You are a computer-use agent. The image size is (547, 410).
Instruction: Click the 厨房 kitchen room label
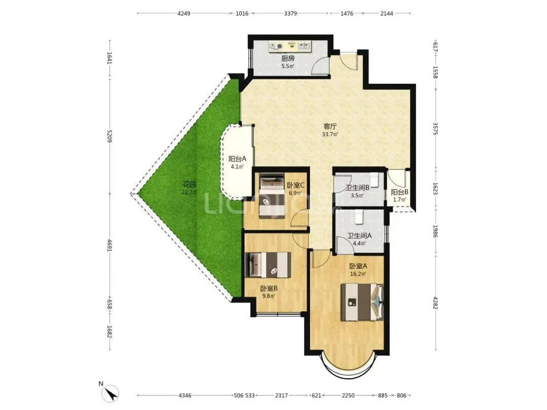(288, 58)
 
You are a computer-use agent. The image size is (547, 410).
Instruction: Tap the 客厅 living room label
(330, 126)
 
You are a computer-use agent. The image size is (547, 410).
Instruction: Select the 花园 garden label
(189, 184)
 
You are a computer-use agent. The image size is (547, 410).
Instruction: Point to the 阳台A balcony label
(237, 158)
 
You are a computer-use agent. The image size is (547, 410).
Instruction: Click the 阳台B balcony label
(400, 192)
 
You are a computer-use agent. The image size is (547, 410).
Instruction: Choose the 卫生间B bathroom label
(357, 188)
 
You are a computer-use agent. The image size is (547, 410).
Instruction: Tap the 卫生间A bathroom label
(359, 236)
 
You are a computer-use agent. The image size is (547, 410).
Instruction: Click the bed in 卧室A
(362, 302)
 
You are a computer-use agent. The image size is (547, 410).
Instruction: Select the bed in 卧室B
(268, 265)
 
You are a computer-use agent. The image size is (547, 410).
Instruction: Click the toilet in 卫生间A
(359, 217)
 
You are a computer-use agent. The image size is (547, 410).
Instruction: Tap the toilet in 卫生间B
(374, 179)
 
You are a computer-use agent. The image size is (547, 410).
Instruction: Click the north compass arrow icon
(111, 394)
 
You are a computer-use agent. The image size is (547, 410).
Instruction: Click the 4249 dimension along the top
(184, 14)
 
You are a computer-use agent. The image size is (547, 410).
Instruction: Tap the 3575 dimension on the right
(435, 128)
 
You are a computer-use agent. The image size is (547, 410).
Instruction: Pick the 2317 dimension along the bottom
(282, 395)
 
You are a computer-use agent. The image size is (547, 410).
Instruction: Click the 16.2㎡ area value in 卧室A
(358, 274)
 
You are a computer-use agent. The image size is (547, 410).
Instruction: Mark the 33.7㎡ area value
(330, 134)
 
